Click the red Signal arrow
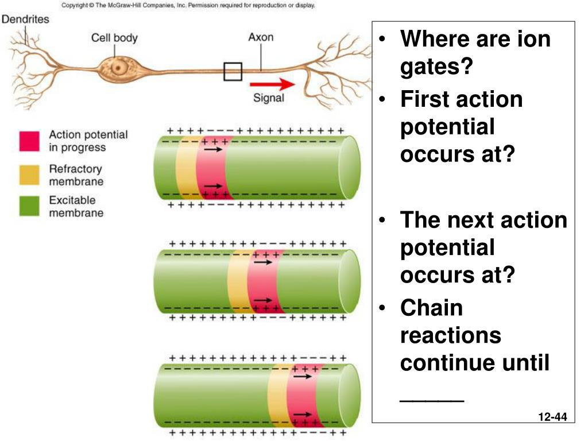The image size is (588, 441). [x=280, y=84]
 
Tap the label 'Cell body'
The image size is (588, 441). [x=114, y=38]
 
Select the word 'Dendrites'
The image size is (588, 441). [x=26, y=19]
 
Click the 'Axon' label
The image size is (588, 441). [x=261, y=37]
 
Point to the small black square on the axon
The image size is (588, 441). [x=233, y=71]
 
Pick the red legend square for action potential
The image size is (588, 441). [x=29, y=141]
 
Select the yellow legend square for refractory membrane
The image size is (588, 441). [x=29, y=175]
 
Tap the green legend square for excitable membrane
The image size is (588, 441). [x=29, y=207]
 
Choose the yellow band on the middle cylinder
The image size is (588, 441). [x=237, y=281]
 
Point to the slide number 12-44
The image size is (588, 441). [x=553, y=417]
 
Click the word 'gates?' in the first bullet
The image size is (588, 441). [x=436, y=67]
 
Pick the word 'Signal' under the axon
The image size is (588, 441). [x=269, y=98]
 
